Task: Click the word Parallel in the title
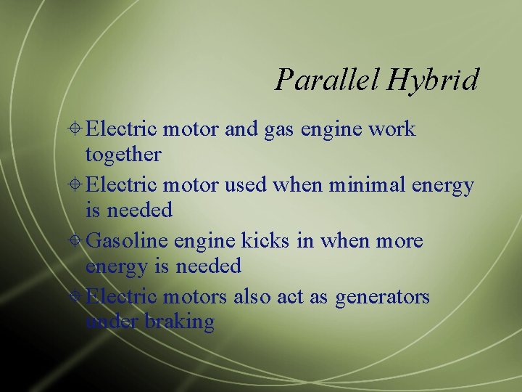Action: tap(327, 79)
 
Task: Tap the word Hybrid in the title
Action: tap(433, 80)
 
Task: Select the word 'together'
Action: tap(123, 155)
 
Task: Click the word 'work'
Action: tap(392, 129)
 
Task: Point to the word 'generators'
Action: tap(382, 297)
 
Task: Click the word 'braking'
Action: tap(179, 322)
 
